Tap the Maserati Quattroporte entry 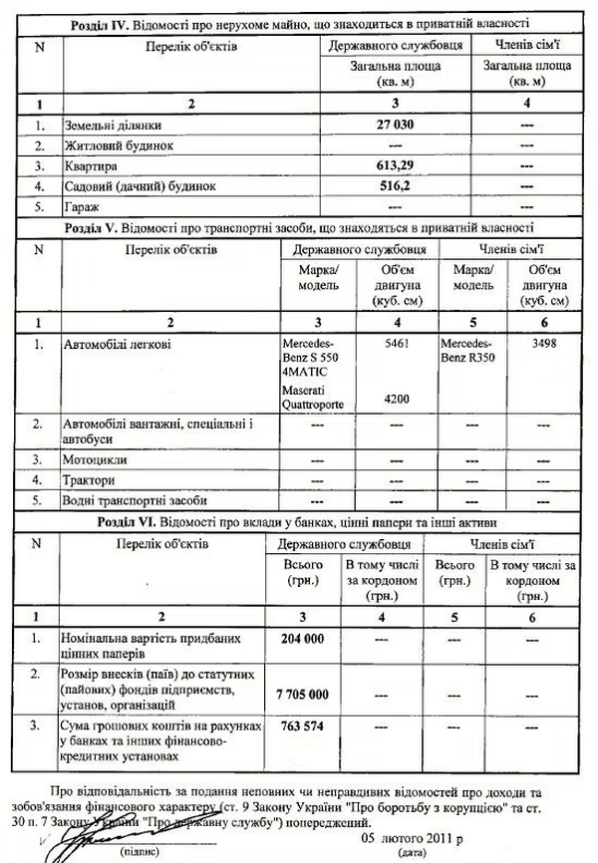312,399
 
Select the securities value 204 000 304,638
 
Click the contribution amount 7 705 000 304,693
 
